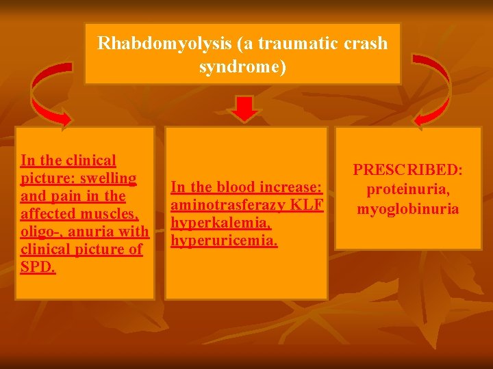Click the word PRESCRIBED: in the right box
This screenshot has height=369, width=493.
(408, 169)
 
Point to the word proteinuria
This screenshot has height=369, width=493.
(408, 188)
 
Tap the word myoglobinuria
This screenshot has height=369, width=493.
(408, 208)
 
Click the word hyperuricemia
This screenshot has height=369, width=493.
(223, 241)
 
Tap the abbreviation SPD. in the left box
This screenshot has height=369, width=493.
(38, 266)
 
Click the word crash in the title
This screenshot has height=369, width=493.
(367, 44)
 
